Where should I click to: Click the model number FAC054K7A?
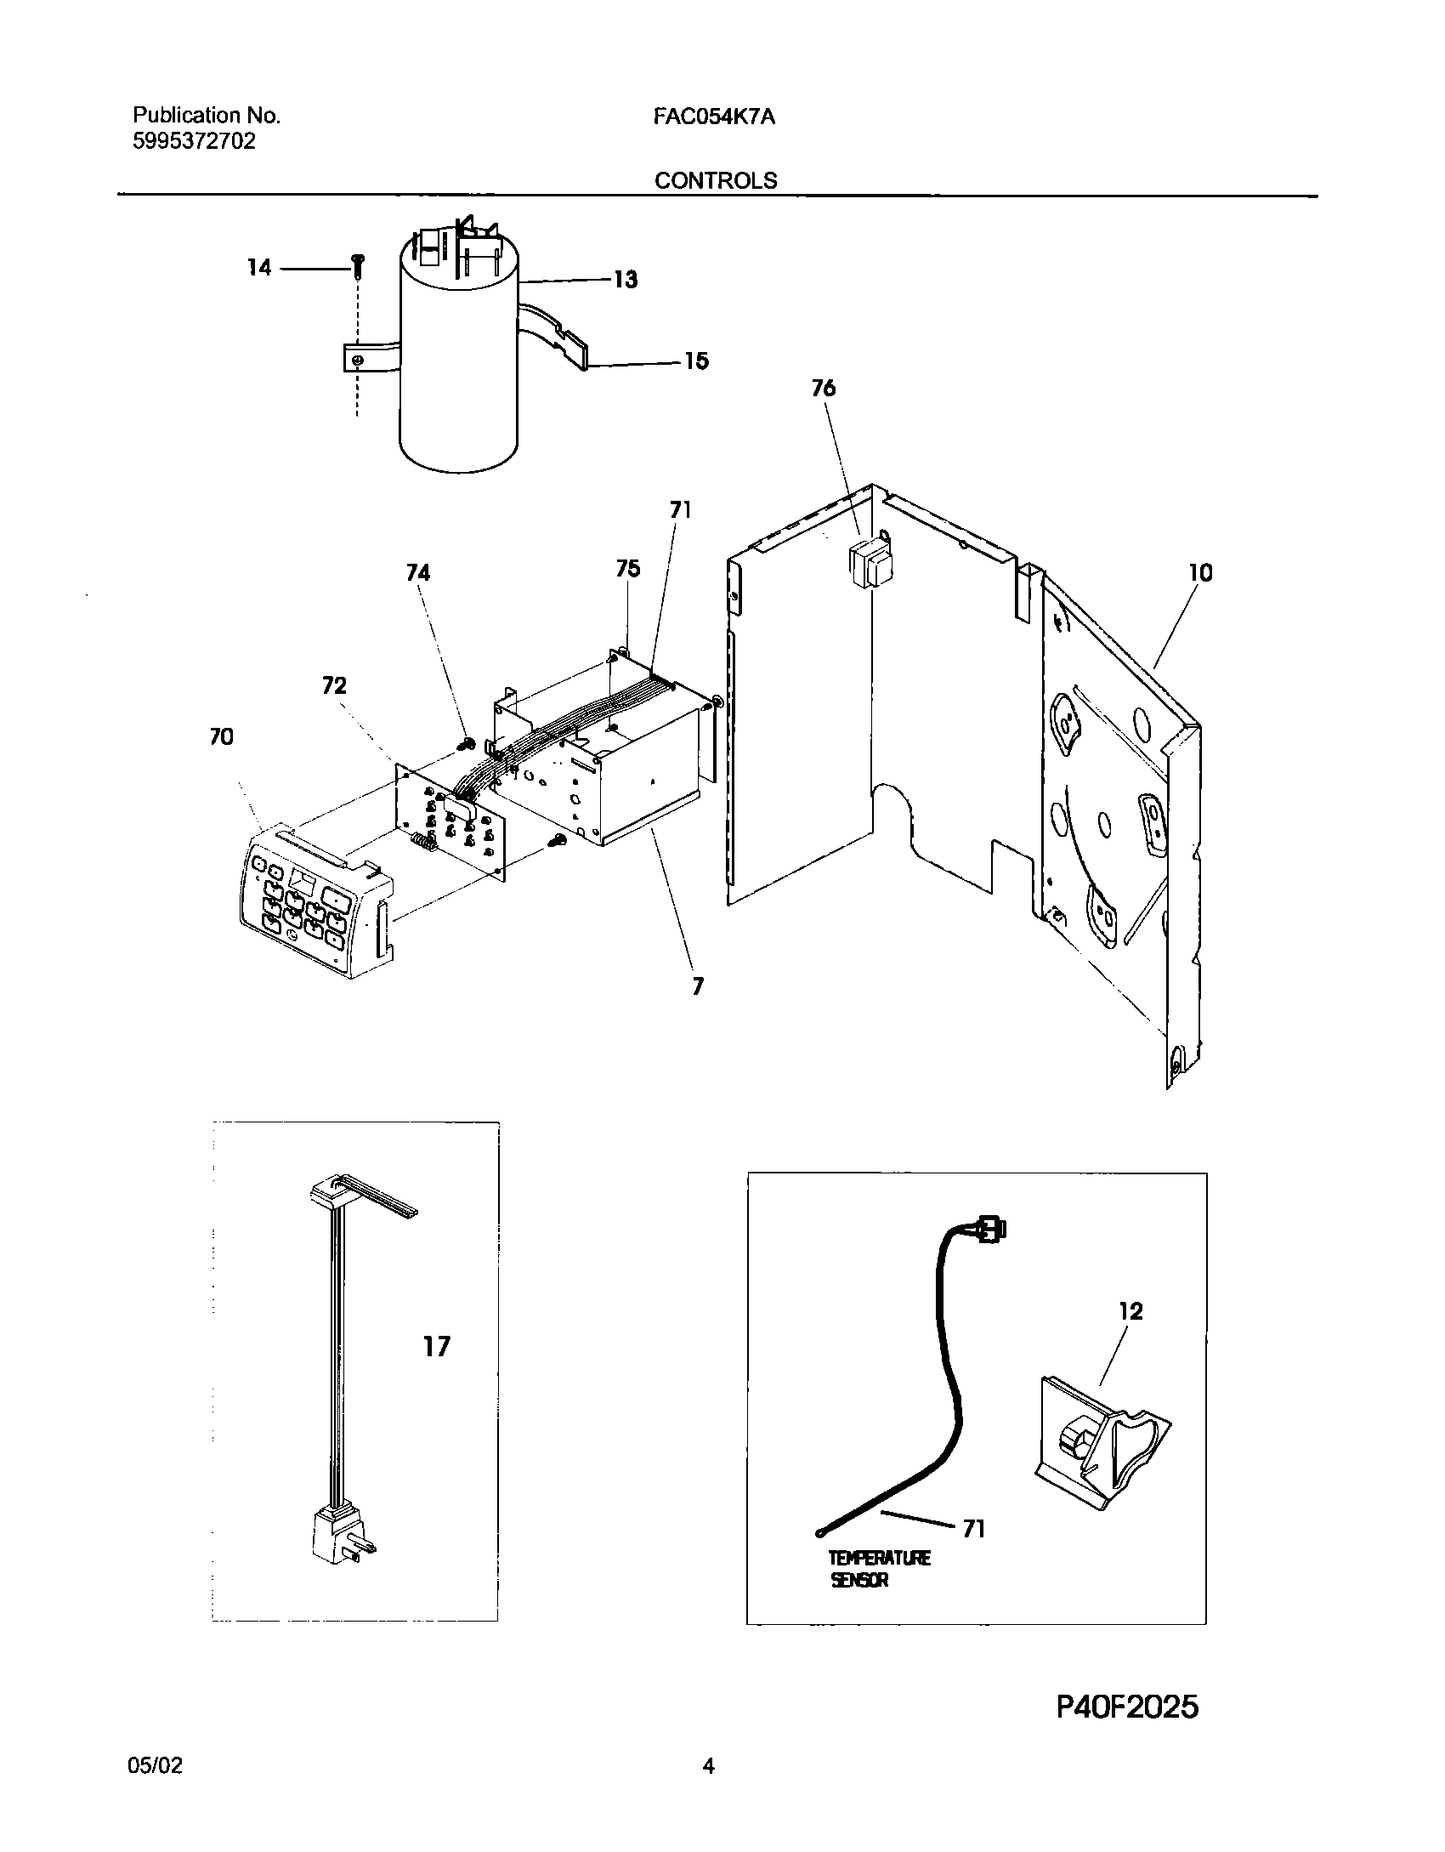[x=713, y=116]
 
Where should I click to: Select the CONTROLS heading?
[x=715, y=180]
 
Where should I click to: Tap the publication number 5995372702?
[x=194, y=141]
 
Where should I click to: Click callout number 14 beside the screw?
[x=258, y=268]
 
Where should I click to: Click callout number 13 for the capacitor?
[x=626, y=280]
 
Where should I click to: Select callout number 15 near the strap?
[x=696, y=361]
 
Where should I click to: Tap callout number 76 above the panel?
[x=823, y=389]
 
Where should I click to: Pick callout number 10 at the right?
[x=1199, y=573]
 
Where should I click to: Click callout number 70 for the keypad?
[x=221, y=737]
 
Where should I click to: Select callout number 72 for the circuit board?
[x=334, y=685]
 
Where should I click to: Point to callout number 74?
[x=417, y=573]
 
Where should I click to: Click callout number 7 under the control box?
[x=698, y=987]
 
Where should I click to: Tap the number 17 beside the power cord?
[x=436, y=1347]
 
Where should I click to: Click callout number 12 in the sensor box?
[x=1130, y=1311]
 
